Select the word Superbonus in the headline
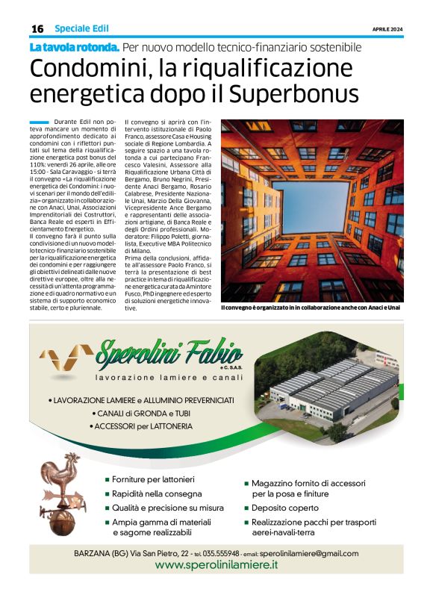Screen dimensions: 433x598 point(293,95)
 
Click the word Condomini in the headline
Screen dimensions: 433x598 point(84,69)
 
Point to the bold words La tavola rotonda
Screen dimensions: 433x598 point(74,47)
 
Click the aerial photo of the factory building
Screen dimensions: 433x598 point(334,389)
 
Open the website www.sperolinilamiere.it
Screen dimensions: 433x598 point(216,565)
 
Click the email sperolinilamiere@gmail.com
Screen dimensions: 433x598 point(308,553)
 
